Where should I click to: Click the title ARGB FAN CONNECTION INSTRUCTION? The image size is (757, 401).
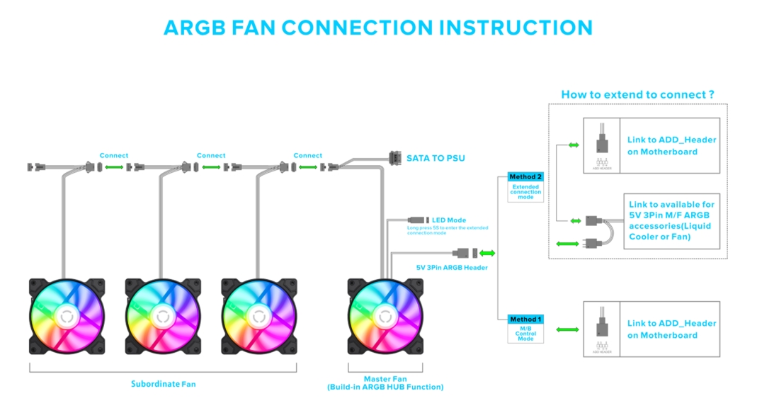(378, 28)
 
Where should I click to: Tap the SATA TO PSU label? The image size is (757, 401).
(436, 158)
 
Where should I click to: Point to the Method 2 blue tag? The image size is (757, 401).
(526, 176)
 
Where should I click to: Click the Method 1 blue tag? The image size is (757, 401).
(525, 320)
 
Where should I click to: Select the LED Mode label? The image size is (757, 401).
(449, 220)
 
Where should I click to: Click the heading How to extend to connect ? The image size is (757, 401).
(637, 94)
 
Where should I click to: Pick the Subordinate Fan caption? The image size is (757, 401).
(163, 384)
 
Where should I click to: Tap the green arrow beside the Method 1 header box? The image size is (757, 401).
(567, 329)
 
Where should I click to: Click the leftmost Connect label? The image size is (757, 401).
(114, 155)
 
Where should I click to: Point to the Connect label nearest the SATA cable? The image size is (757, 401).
(308, 155)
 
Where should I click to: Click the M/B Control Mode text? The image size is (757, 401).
(525, 334)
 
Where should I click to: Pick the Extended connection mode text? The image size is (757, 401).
(526, 191)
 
